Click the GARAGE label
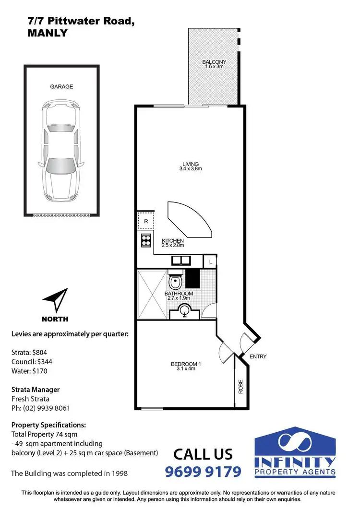click(61, 87)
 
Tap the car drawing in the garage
click(61, 151)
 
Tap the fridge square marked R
click(146, 221)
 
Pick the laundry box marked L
click(211, 261)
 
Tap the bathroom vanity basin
click(184, 311)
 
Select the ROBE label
click(241, 387)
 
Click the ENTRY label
click(258, 356)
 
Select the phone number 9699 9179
click(203, 472)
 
